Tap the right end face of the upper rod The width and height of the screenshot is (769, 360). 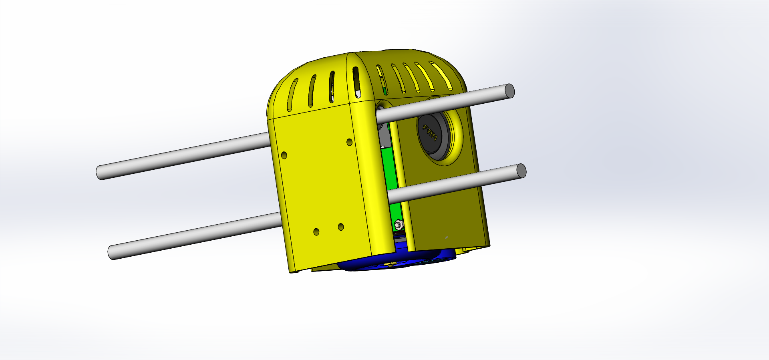point(509,91)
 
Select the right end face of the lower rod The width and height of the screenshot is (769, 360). point(521,171)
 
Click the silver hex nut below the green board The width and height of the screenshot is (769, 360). point(399,224)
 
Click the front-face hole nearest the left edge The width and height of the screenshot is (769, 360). point(284,155)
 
